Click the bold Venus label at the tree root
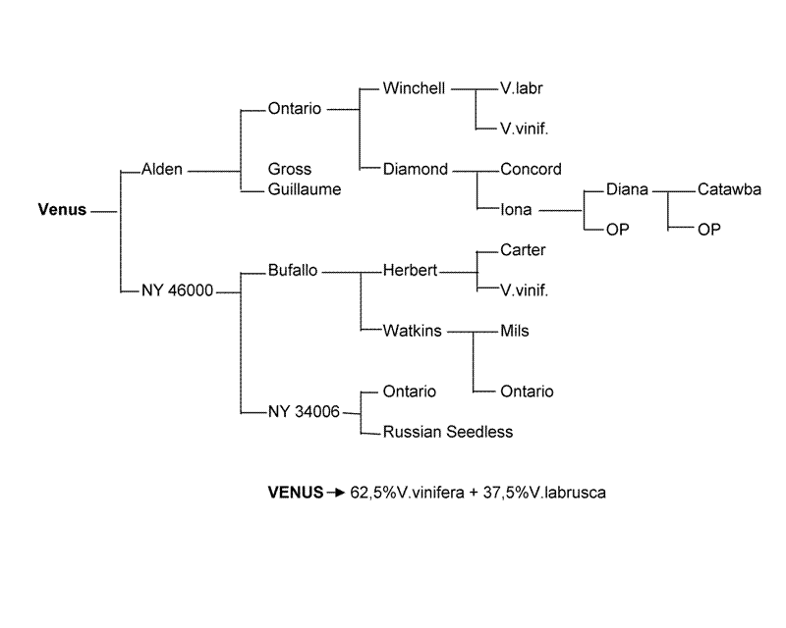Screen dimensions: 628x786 click(62, 209)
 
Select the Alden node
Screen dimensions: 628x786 click(162, 170)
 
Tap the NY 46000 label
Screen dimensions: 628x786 click(178, 290)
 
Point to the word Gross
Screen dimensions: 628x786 click(290, 170)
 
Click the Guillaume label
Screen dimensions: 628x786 click(305, 189)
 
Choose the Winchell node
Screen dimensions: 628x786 click(414, 88)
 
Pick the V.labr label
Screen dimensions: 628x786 click(522, 88)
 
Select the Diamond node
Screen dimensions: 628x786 click(416, 169)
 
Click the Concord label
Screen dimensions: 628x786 click(531, 169)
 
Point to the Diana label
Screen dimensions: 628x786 click(627, 189)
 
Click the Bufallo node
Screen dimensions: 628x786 click(293, 270)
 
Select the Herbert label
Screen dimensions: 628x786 click(410, 270)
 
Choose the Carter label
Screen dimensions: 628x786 click(523, 250)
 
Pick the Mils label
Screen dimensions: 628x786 click(515, 331)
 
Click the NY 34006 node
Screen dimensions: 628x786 click(304, 411)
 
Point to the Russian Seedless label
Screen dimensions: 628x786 click(448, 431)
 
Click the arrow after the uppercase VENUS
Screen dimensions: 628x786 click(335, 493)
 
